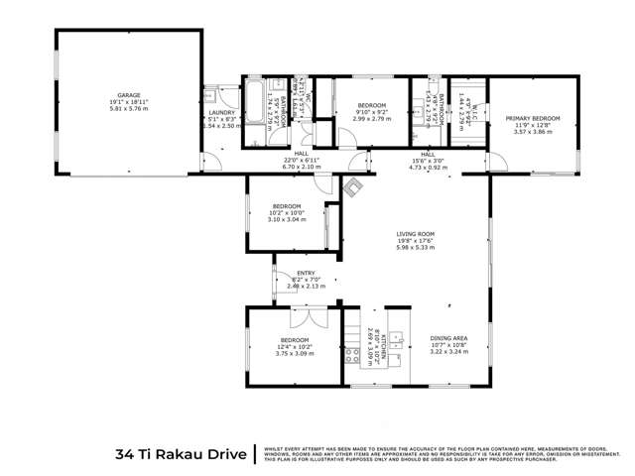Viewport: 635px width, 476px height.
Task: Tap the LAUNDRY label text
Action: [220, 113]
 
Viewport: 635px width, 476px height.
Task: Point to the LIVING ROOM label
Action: [416, 234]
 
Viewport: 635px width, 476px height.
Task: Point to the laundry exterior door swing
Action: [212, 160]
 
